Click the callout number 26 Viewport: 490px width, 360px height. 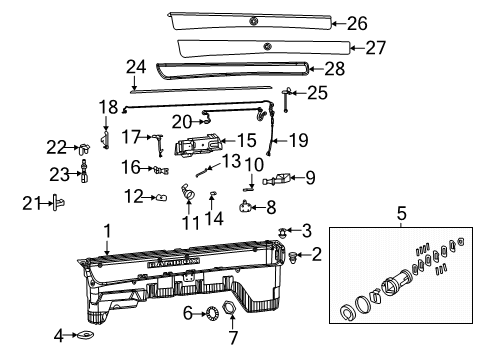[x=357, y=23]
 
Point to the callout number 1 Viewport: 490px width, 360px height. [x=107, y=231]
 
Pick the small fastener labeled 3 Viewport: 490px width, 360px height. [x=285, y=232]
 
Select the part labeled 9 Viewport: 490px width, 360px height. [x=279, y=180]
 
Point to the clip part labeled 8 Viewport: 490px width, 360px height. [x=246, y=207]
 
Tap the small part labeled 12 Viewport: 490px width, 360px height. [x=160, y=197]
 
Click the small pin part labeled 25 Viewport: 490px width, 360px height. [x=288, y=96]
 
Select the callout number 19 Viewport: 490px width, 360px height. [x=298, y=140]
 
